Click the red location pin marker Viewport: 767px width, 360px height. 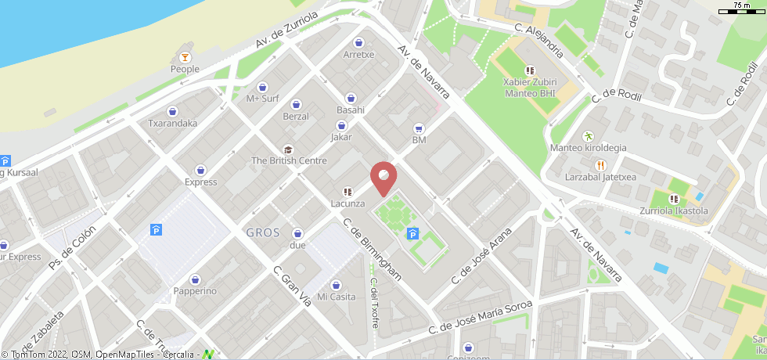383,177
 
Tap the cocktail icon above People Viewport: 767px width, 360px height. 185,57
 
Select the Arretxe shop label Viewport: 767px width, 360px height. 358,55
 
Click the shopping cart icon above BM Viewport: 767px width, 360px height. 419,128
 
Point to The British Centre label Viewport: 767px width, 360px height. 288,161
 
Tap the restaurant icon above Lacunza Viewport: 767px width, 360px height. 347,192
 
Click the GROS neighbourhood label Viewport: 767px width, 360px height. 263,232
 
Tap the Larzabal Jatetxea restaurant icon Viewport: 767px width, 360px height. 600,165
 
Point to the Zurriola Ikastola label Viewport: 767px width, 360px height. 673,211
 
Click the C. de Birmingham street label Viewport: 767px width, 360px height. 373,250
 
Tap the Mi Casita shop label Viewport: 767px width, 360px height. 336,297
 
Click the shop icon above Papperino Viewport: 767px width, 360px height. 195,279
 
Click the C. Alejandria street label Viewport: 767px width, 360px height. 538,40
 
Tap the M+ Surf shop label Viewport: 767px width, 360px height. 262,99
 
